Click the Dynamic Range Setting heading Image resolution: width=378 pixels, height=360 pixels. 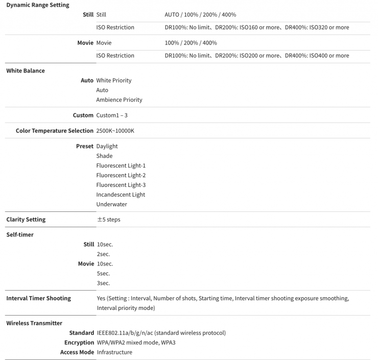tap(38, 5)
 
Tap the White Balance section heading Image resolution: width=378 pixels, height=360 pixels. tap(26, 70)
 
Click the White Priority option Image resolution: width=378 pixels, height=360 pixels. tap(114, 81)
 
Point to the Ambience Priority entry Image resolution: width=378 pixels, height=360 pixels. tap(119, 100)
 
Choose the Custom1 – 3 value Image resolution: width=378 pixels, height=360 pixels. tap(112, 115)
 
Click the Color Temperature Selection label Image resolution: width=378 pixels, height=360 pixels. tap(55, 131)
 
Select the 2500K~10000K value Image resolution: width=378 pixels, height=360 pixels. tap(115, 131)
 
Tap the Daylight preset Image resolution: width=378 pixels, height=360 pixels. tap(107, 147)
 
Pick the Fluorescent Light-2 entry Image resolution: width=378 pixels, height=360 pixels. tap(121, 176)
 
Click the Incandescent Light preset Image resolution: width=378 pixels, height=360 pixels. tap(121, 195)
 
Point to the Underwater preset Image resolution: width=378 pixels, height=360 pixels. tap(111, 204)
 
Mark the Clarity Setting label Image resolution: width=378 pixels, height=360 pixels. tap(26, 220)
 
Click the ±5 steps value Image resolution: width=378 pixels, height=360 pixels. tap(109, 220)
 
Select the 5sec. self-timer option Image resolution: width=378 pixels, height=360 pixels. tap(103, 274)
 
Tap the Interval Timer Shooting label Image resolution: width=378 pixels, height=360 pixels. tap(38, 298)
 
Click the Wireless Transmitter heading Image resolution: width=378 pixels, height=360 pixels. tap(34, 323)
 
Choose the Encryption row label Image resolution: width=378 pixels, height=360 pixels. tap(79, 343)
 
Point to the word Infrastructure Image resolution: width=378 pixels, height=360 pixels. tap(114, 352)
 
